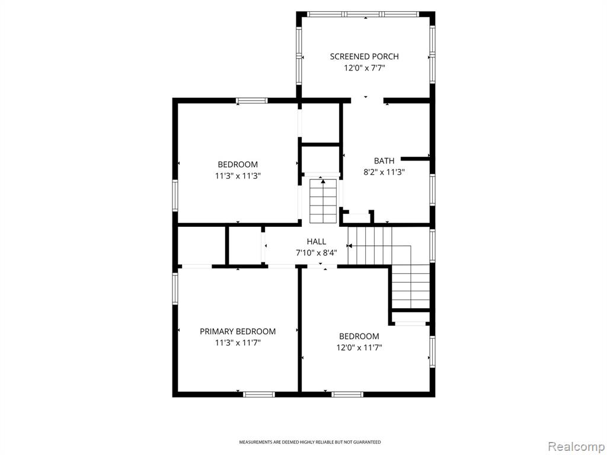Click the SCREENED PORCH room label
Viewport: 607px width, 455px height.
[365, 56]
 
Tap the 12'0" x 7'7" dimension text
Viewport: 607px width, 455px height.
[365, 68]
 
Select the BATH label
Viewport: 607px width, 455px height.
[384, 161]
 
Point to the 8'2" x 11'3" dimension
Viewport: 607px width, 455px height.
[384, 172]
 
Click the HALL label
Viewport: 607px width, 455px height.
[317, 242]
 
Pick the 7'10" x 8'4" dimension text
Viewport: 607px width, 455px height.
[317, 253]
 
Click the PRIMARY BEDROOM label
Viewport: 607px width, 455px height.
[238, 331]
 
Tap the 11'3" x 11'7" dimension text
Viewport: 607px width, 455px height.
[238, 343]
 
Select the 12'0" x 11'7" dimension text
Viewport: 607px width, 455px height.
[359, 348]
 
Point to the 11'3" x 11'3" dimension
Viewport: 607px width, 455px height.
[238, 176]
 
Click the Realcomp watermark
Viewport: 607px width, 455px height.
[576, 446]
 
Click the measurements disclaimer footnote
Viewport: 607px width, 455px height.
[309, 442]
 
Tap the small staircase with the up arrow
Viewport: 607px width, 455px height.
[323, 201]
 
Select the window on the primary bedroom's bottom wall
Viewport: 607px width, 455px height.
[259, 395]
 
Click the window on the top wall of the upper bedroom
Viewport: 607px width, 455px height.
[252, 101]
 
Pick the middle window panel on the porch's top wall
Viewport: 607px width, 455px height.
[363, 14]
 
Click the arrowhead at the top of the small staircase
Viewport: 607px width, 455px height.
[323, 181]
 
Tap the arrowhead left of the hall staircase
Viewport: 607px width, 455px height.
[349, 246]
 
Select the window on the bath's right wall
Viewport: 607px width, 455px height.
[432, 190]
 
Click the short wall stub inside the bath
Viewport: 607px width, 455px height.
[416, 159]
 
